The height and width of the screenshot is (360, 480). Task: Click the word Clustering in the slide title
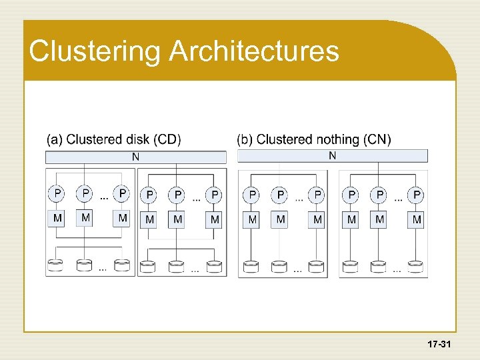[95, 52]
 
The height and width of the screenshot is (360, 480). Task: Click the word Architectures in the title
[254, 51]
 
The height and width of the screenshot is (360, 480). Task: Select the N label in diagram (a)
[136, 157]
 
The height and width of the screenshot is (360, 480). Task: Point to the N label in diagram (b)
[332, 156]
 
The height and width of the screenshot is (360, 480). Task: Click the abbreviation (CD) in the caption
[167, 139]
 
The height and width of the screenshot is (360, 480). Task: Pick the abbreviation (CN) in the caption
[378, 139]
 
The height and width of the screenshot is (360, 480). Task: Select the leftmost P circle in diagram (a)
[58, 193]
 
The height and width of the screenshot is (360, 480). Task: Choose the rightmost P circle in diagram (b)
[417, 195]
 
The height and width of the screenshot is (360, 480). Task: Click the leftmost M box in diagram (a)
[58, 218]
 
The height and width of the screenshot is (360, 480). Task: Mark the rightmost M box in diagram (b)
[417, 219]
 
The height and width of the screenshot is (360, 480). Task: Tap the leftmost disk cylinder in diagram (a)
[55, 265]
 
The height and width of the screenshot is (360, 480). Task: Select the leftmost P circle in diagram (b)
[252, 195]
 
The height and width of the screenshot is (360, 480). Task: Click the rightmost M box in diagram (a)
[215, 219]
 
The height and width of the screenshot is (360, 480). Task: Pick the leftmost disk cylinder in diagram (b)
[251, 267]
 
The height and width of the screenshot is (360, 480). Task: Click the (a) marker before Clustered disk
[54, 139]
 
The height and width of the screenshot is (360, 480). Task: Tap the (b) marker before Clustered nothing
[245, 139]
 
